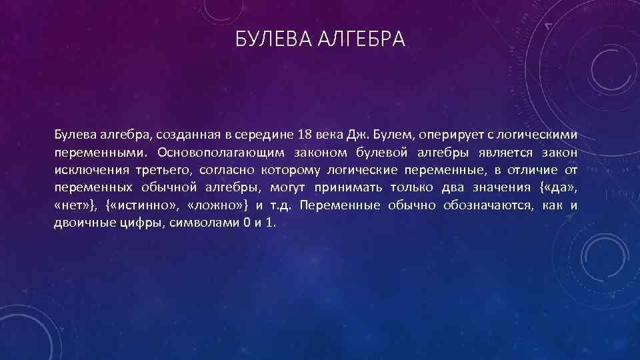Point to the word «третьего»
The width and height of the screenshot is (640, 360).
pos(163,169)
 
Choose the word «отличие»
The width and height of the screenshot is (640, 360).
pos(528,169)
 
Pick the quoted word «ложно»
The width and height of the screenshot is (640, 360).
pos(217,205)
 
